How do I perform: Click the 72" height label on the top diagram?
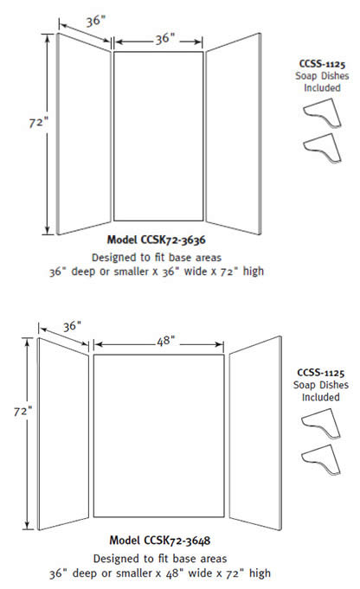39,123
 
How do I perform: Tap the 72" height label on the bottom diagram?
22,412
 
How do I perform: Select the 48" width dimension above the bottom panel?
166,341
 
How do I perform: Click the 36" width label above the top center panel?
165,39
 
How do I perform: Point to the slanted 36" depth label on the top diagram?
95,21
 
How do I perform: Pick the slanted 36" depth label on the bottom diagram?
72,326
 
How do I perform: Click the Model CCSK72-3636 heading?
157,240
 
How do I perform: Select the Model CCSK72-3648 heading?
160,541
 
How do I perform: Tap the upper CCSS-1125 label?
322,64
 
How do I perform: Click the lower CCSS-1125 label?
320,373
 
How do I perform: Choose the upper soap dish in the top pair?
323,113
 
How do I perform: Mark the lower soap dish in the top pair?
323,148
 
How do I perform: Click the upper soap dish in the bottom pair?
321,424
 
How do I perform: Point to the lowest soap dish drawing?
321,460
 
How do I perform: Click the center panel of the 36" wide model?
158,136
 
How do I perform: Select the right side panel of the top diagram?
234,134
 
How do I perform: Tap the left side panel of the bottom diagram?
63,434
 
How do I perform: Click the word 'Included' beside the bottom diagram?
320,397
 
